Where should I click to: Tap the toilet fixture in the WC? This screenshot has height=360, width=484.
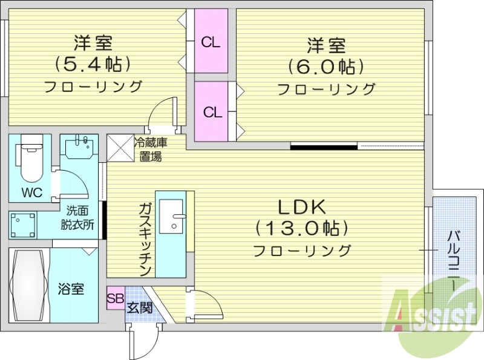pyautogui.click(x=32, y=159)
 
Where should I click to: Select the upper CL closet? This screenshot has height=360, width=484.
pyautogui.click(x=211, y=42)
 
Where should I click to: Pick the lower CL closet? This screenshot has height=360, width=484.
pyautogui.click(x=212, y=112)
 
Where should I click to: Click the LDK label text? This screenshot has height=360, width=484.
pyautogui.click(x=302, y=207)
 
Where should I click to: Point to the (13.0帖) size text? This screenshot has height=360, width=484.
pyautogui.click(x=302, y=228)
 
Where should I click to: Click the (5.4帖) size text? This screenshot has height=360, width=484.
pyautogui.click(x=93, y=63)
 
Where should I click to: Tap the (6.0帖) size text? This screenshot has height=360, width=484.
pyautogui.click(x=326, y=65)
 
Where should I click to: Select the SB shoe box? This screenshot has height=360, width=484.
pyautogui.click(x=114, y=298)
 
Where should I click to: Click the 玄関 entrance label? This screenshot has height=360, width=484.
pyautogui.click(x=139, y=307)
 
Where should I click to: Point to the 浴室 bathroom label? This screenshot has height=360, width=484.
pyautogui.click(x=71, y=289)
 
